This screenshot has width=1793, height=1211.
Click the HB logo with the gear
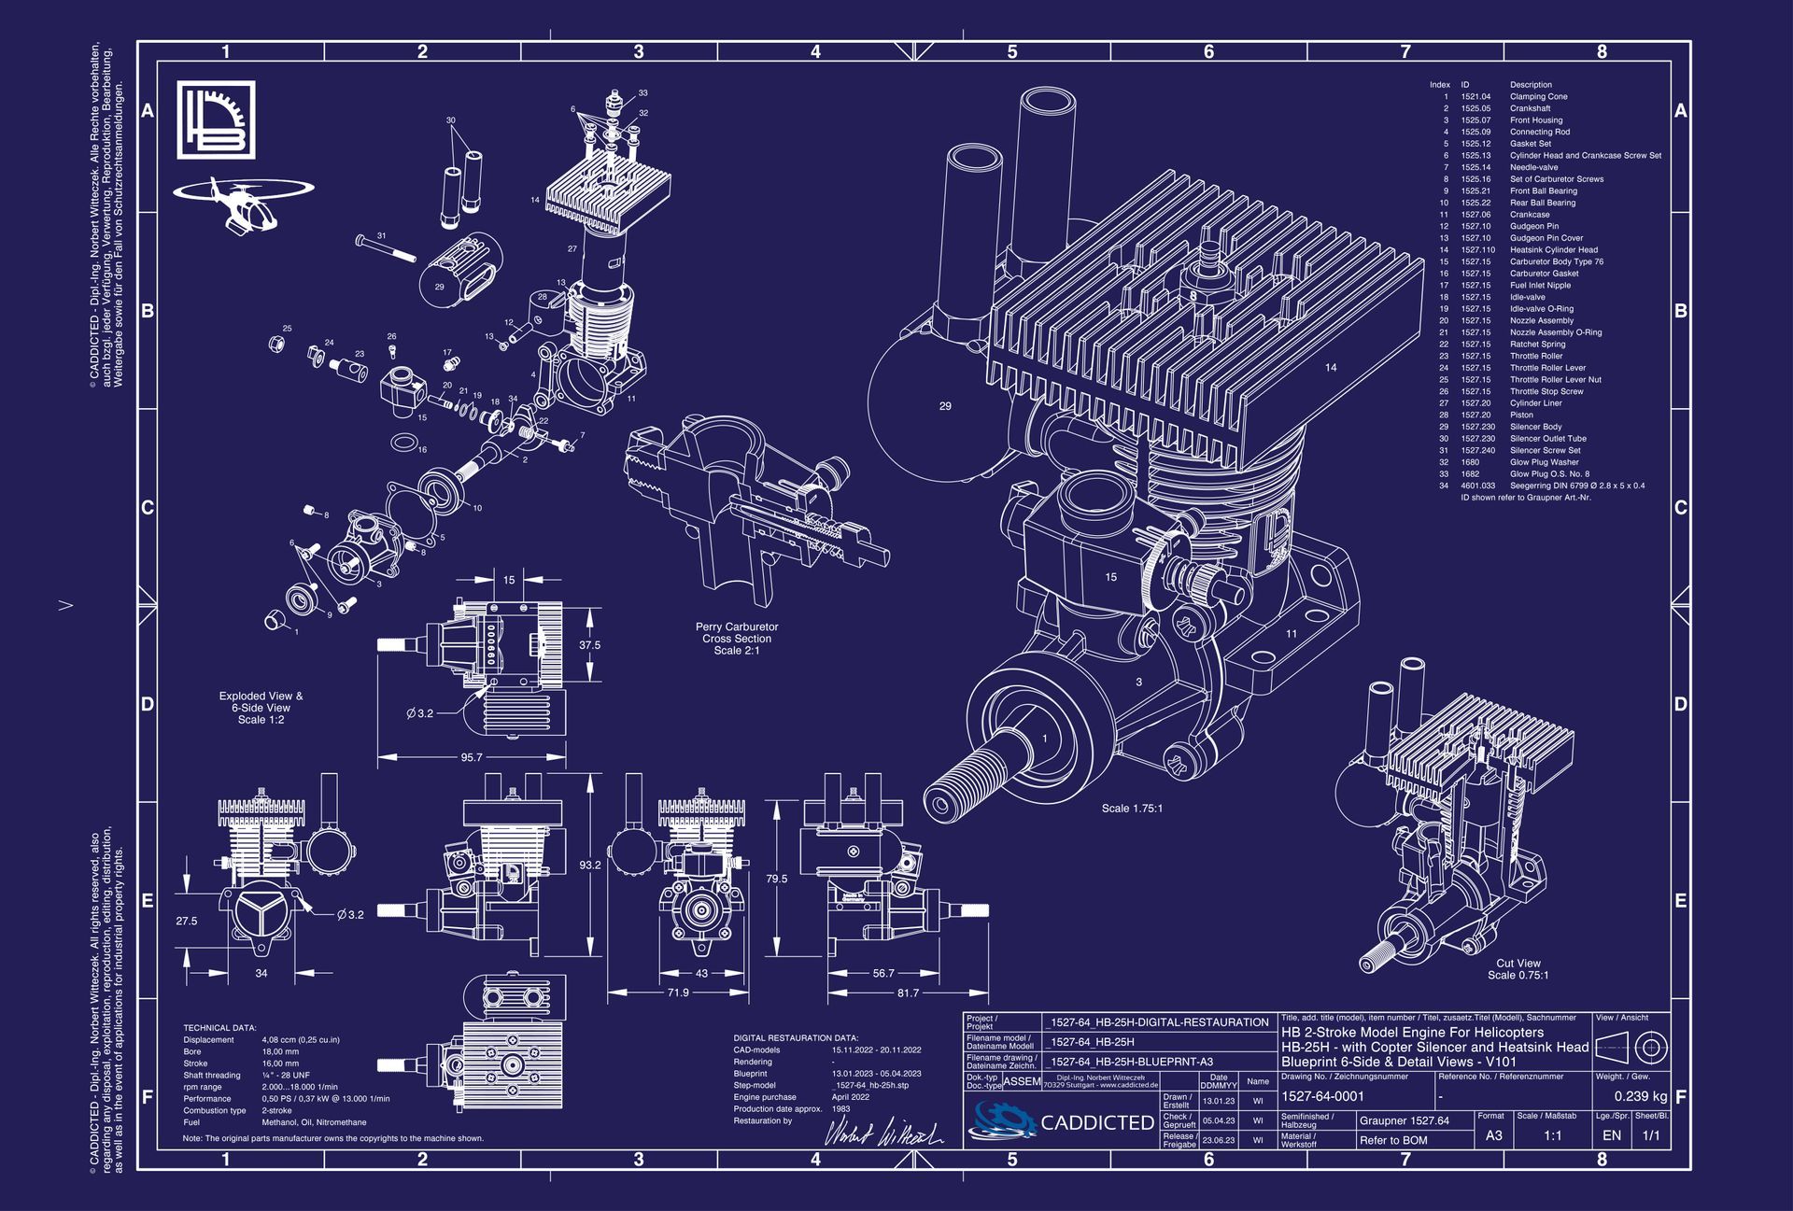[x=216, y=120]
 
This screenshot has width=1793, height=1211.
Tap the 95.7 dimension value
[x=472, y=757]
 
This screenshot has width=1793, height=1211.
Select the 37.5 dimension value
[x=589, y=645]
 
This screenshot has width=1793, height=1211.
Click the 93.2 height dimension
[x=590, y=866]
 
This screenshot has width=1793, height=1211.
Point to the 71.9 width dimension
[x=678, y=993]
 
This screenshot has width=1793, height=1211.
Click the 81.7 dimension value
[x=908, y=993]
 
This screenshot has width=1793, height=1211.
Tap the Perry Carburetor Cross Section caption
[x=736, y=639]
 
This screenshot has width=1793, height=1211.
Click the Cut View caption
[x=1518, y=969]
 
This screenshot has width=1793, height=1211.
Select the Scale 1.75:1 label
[x=1132, y=809]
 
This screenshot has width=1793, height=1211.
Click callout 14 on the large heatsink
[x=1330, y=368]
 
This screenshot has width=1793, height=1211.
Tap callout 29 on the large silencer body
[x=945, y=406]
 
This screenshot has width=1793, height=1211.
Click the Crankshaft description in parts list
[x=1530, y=108]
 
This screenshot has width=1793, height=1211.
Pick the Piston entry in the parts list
[x=1521, y=415]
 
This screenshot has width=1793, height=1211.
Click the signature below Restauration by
[x=883, y=1133]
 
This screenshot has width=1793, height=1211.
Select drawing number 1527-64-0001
[x=1322, y=1097]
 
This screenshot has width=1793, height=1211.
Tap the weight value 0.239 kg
[x=1640, y=1097]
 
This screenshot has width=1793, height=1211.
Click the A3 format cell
[x=1493, y=1135]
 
